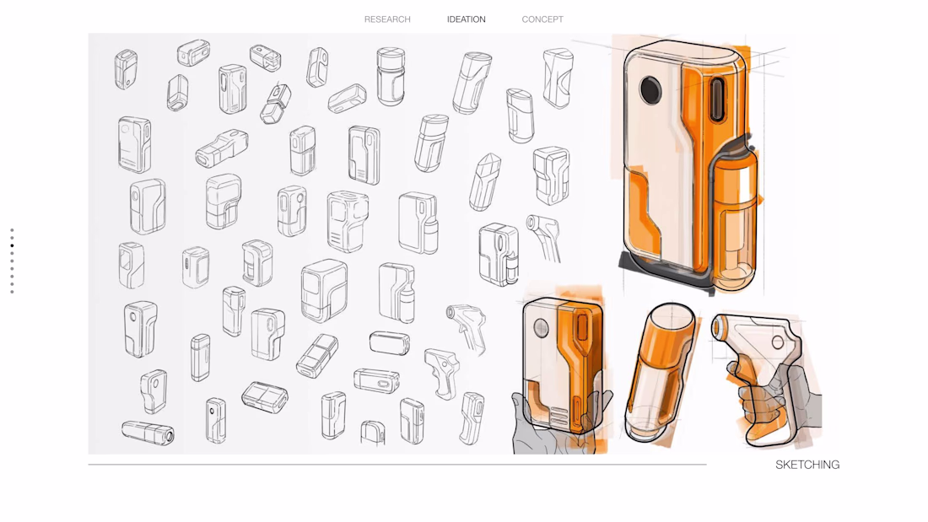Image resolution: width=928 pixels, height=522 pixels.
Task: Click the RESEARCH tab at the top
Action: click(x=387, y=19)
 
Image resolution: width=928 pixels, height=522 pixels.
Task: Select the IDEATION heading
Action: click(x=466, y=19)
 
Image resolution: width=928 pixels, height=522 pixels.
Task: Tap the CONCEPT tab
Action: click(x=542, y=19)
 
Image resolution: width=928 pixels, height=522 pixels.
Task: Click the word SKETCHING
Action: click(x=807, y=465)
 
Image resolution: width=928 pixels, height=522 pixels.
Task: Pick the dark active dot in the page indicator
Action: click(x=12, y=245)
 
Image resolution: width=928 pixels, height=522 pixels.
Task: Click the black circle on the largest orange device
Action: click(x=650, y=89)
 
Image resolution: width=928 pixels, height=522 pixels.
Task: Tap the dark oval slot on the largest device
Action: click(x=717, y=100)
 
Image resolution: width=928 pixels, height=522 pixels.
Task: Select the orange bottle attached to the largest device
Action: click(x=735, y=219)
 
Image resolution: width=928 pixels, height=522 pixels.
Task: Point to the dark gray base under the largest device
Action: click(x=663, y=272)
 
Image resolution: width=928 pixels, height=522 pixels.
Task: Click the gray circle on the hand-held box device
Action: click(x=541, y=328)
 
